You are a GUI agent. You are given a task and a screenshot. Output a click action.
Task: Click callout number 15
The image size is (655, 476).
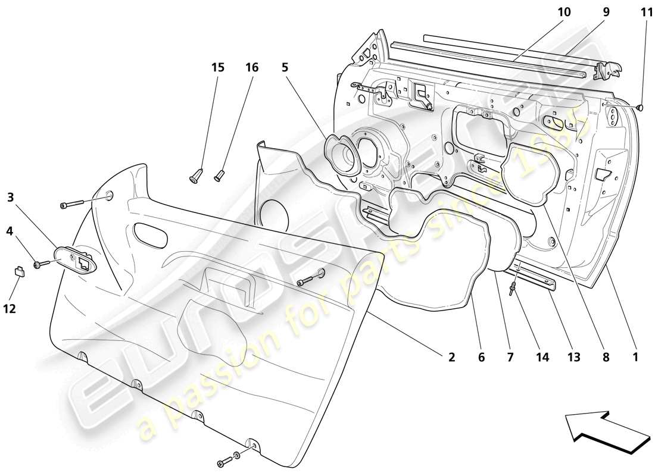point(218,68)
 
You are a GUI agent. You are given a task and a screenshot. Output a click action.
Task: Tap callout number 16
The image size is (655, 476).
point(252,68)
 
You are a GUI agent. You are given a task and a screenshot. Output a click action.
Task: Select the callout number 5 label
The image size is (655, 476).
point(285,68)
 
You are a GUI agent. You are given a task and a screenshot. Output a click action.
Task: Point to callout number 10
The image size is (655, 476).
point(564,12)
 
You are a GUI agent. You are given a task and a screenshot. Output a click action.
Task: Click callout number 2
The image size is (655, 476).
point(451,358)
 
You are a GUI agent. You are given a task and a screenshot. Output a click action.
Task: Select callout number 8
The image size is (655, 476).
point(606,358)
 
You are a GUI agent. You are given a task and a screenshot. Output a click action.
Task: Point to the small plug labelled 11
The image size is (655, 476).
point(640,108)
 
